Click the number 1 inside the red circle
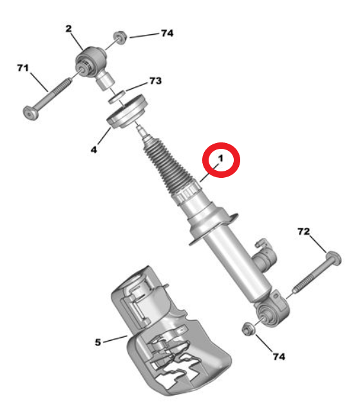click(x=220, y=159)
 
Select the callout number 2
click(x=68, y=28)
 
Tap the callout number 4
click(x=94, y=149)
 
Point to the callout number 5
click(x=98, y=342)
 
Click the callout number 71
click(x=23, y=68)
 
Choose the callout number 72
click(x=303, y=231)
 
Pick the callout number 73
click(x=156, y=81)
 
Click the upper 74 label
click(x=167, y=34)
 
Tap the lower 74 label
click(x=279, y=357)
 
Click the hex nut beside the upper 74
click(x=120, y=37)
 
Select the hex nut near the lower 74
click(x=249, y=329)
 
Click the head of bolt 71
click(x=31, y=113)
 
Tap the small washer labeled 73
click(x=117, y=97)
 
